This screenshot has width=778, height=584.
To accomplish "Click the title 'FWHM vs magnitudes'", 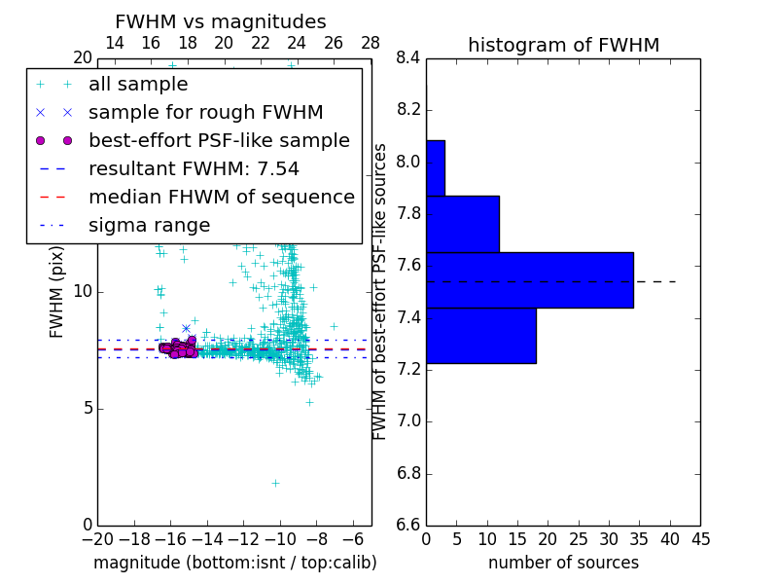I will (221, 21).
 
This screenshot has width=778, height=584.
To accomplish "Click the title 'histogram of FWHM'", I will (563, 45).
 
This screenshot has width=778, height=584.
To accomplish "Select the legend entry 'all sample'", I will (138, 85).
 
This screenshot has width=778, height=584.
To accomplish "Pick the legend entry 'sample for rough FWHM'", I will (205, 113).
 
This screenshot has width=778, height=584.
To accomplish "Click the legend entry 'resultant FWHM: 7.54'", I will (194, 169).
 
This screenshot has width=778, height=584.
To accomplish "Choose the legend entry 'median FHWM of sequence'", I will (221, 198).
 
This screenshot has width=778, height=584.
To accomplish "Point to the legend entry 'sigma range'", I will (149, 226).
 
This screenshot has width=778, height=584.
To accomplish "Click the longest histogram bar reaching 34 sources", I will (529, 280).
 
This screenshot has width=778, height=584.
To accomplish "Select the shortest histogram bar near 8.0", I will (435, 168).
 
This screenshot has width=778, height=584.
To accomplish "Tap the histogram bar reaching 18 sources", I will (480, 336).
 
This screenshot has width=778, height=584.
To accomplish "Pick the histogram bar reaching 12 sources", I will (462, 224).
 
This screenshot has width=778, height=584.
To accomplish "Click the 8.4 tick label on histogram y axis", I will (408, 58).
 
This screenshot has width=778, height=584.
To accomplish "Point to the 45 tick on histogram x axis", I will (700, 537).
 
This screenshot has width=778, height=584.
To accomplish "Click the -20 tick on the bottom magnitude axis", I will (97, 537).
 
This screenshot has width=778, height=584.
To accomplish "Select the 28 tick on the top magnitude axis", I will (371, 43).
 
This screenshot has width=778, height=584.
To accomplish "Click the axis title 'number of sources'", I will (563, 563).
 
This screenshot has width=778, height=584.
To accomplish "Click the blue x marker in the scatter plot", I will (186, 328).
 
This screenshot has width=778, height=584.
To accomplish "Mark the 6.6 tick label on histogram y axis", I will (408, 526).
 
